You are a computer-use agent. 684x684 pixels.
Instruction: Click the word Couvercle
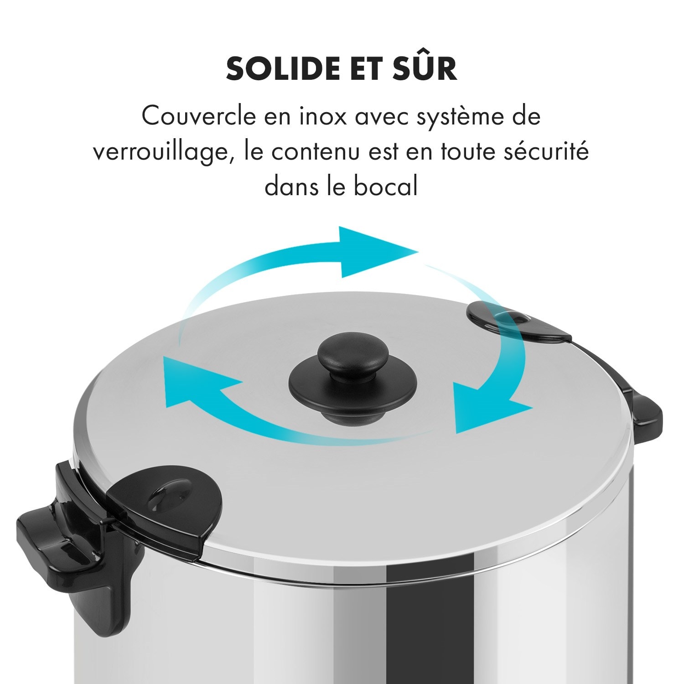point(199,116)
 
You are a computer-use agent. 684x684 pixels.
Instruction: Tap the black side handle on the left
point(68,547)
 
